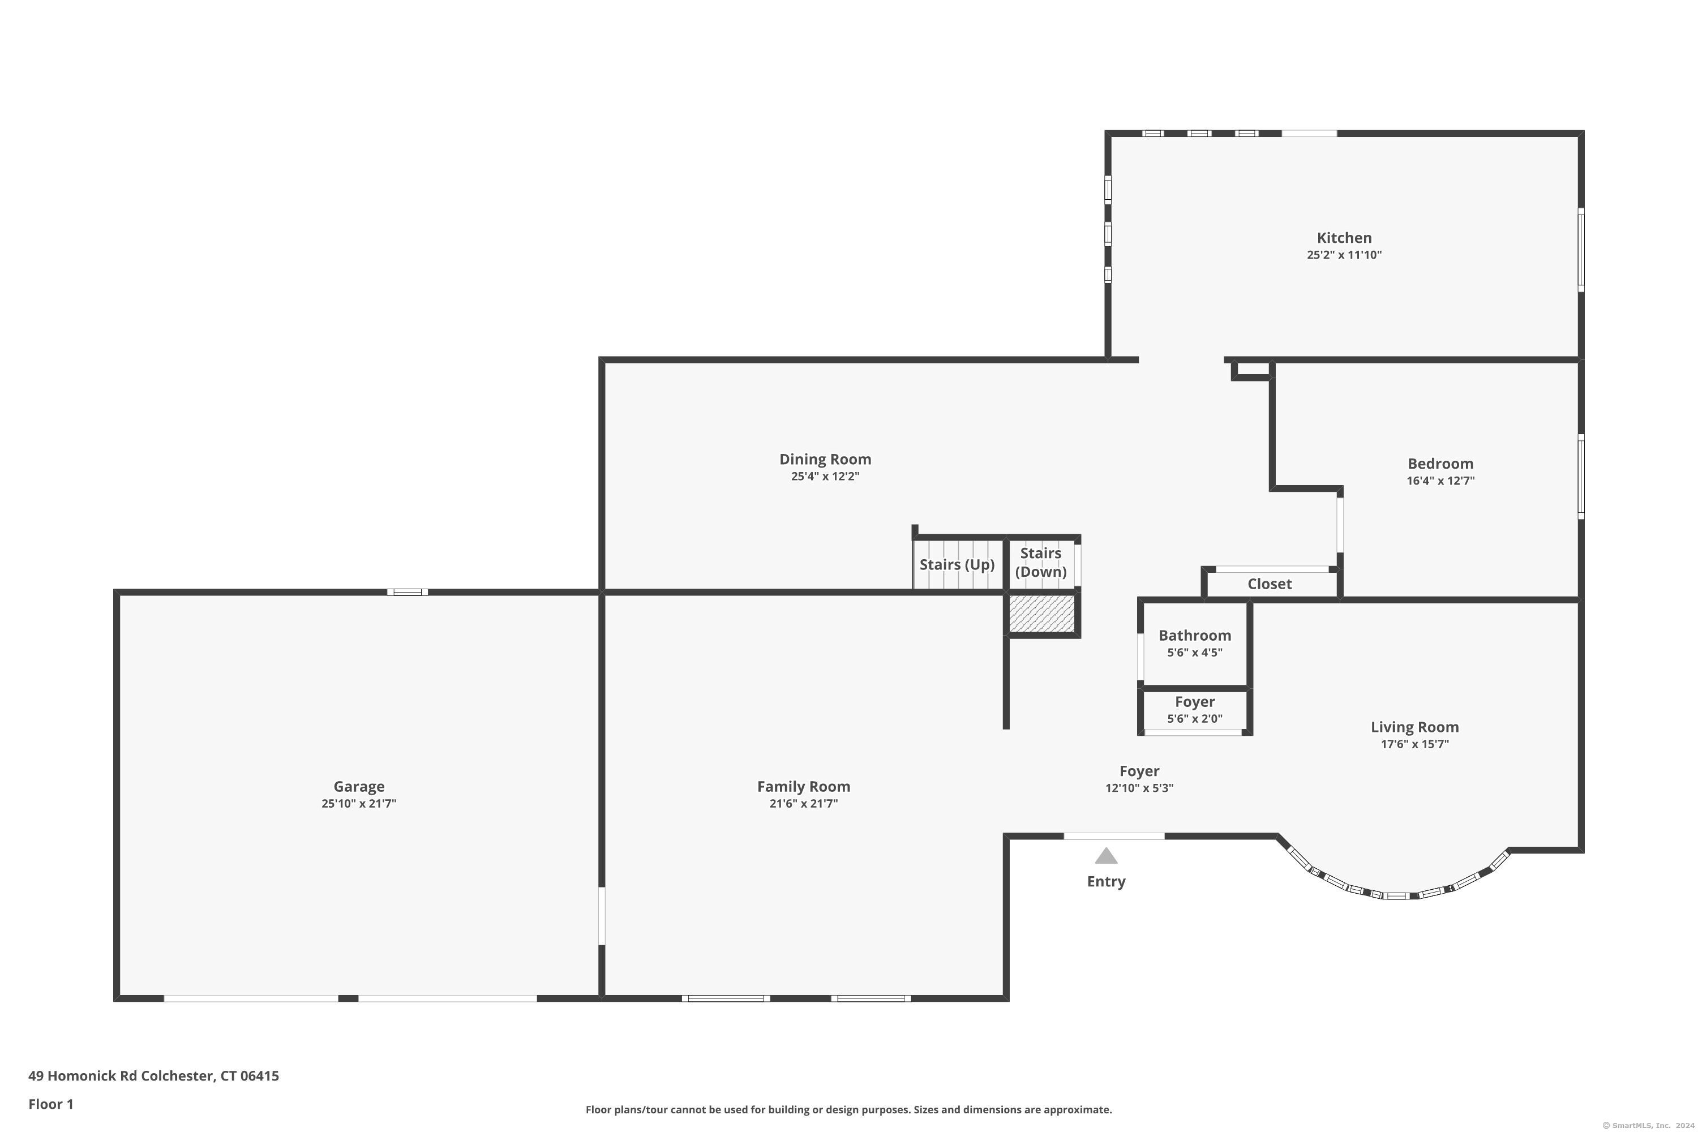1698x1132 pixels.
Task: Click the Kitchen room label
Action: click(1344, 238)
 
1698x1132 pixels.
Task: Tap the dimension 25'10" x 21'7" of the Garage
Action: click(359, 804)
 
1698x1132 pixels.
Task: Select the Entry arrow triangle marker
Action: click(1106, 856)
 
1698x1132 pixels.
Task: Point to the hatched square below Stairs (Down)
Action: click(1041, 614)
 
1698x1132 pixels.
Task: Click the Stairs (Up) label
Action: click(957, 564)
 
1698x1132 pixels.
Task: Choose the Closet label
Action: click(1269, 584)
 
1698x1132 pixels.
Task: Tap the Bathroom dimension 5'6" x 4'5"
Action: click(1194, 653)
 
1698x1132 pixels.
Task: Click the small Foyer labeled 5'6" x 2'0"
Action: click(1194, 702)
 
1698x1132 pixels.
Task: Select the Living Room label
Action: click(1414, 727)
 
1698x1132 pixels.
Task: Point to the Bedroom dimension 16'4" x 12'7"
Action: click(1439, 481)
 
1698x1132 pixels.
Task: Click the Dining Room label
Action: click(825, 459)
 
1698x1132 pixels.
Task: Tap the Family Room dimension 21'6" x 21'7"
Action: click(803, 804)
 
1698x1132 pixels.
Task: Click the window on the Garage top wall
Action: click(407, 592)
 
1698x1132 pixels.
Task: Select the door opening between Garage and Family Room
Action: click(601, 915)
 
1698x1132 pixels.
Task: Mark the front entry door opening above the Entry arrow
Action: click(1113, 836)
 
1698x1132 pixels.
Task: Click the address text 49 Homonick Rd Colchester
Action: click(153, 1076)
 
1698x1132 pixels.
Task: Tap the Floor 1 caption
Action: click(50, 1104)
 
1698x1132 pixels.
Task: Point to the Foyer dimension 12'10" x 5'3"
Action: click(1138, 788)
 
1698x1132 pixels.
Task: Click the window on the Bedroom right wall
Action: click(1580, 477)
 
